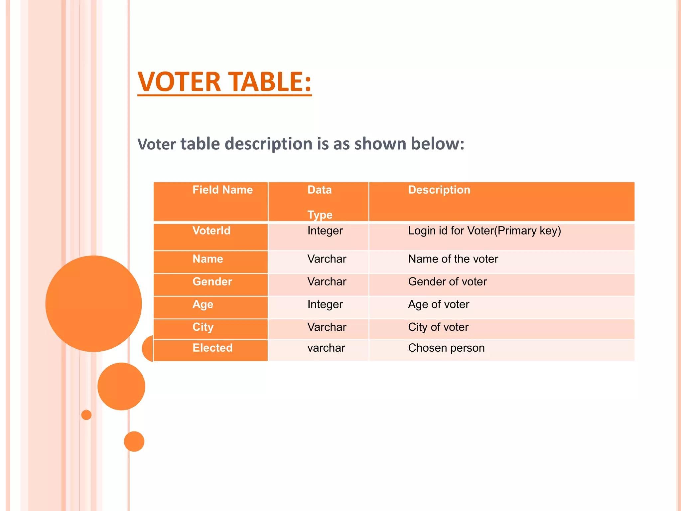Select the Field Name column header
click(222, 190)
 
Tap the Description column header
click(439, 190)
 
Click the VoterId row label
click(211, 231)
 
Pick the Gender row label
click(212, 282)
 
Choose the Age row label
click(203, 304)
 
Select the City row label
click(203, 327)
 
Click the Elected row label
click(212, 348)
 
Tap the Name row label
click(208, 259)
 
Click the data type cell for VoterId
click(325, 231)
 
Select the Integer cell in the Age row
click(325, 304)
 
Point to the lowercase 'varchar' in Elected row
click(326, 348)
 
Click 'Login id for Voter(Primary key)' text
click(484, 231)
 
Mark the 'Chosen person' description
click(446, 348)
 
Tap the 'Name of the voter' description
click(453, 259)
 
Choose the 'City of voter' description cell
click(438, 327)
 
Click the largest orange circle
click(93, 303)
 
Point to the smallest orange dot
click(86, 415)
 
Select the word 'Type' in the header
click(320, 215)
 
